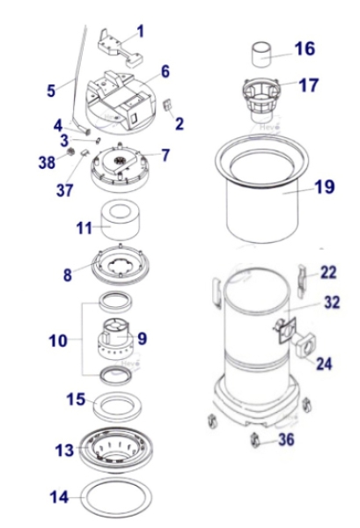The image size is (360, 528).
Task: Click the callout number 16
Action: coord(302,48)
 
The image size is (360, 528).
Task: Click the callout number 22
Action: coord(328,272)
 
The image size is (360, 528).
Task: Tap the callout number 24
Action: coord(325,363)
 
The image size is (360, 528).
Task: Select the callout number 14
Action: coord(59,497)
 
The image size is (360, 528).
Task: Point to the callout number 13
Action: coord(64,451)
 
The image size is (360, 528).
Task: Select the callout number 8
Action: coord(67,274)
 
